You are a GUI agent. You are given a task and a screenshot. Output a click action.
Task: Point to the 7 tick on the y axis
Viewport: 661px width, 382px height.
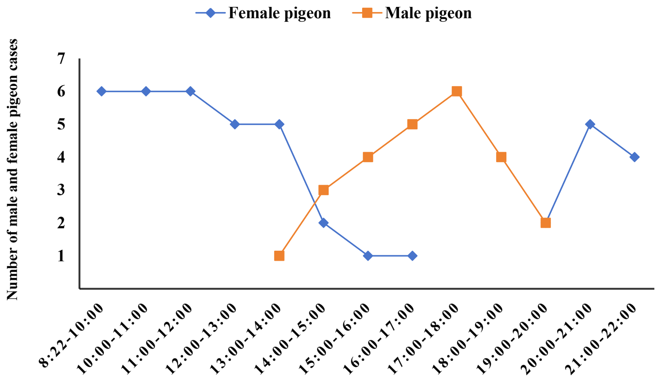(x=61, y=59)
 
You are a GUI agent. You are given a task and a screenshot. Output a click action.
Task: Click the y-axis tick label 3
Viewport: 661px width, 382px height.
(x=61, y=190)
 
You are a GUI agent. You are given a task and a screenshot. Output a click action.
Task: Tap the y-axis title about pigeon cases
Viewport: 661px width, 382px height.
(x=12, y=170)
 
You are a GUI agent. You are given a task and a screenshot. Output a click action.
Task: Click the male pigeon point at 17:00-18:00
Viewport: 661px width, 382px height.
(x=457, y=91)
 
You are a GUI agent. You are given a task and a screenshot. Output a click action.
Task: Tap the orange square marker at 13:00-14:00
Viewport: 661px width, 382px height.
(x=279, y=256)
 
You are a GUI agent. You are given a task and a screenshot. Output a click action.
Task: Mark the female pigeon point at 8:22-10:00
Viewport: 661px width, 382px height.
(x=102, y=91)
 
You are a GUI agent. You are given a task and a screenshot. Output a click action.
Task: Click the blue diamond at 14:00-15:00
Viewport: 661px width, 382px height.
(x=324, y=223)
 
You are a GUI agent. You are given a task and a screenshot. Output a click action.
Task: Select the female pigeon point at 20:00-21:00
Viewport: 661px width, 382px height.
(x=590, y=124)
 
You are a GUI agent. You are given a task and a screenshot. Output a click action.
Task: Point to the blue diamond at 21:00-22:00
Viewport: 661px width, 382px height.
(x=634, y=157)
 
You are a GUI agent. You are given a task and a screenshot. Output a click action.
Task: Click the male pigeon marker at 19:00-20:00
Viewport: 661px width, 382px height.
(x=545, y=223)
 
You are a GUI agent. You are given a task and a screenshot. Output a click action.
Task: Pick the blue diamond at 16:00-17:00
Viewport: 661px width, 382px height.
(x=412, y=256)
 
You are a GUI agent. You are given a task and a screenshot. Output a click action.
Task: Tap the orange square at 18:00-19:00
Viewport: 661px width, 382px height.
(x=501, y=157)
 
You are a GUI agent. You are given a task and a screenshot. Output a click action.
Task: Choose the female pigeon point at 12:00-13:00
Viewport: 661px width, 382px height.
(x=235, y=124)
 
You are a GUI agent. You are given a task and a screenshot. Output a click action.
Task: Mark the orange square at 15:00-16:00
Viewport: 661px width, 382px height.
(x=368, y=157)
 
